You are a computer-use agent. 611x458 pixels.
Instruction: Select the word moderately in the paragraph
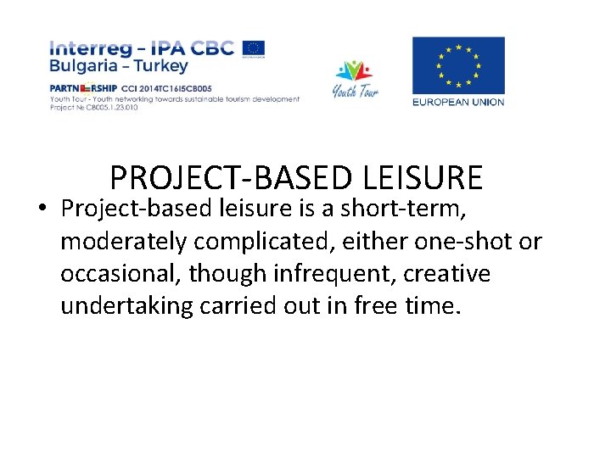pyautogui.click(x=123, y=242)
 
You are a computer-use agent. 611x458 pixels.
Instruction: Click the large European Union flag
pyautogui.click(x=458, y=66)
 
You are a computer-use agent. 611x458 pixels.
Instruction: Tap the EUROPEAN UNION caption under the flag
pyautogui.click(x=458, y=103)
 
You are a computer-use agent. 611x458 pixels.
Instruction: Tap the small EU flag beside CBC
pyautogui.click(x=253, y=47)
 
